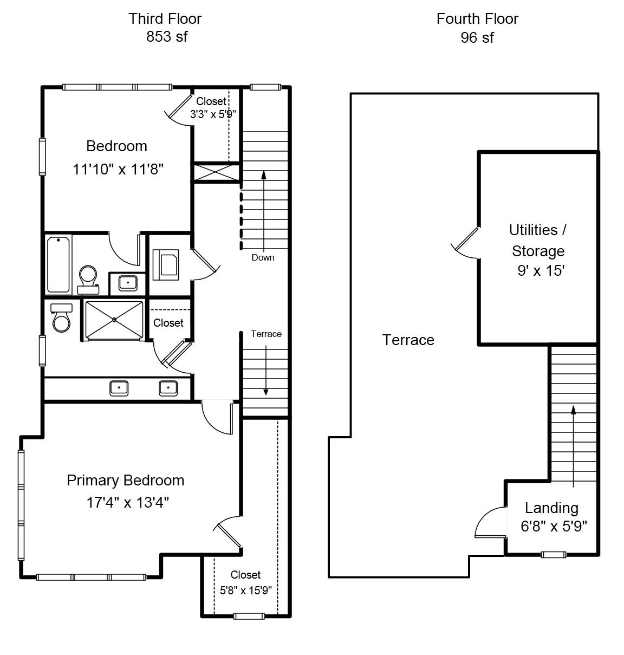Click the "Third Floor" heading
165,19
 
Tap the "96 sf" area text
477,37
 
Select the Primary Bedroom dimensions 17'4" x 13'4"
128,502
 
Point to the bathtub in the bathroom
58,264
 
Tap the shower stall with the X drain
114,320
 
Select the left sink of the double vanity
119,388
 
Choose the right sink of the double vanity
168,388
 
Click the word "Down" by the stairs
263,257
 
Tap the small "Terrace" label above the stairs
266,334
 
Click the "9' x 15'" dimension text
541,270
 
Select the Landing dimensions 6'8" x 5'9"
554,527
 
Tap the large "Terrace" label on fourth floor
408,340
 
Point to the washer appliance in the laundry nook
166,265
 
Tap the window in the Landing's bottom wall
554,555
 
